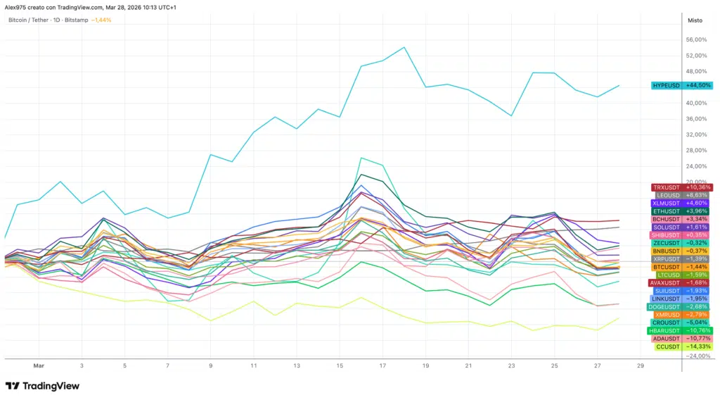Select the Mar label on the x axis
click(x=38, y=366)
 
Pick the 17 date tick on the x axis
click(x=382, y=366)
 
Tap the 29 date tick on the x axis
click(x=640, y=366)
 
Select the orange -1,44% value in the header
click(x=101, y=20)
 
